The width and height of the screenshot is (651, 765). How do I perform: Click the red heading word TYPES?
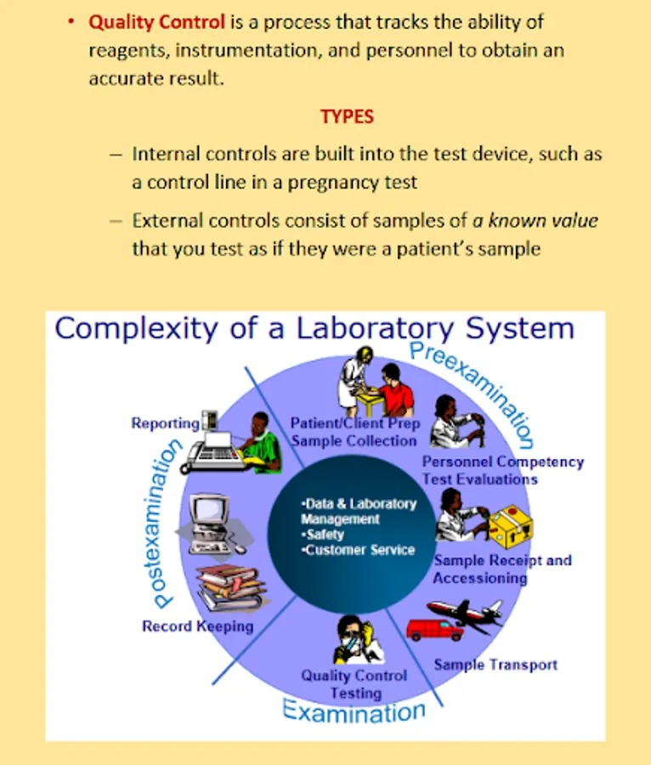(347, 116)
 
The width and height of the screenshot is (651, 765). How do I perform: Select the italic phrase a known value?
(535, 221)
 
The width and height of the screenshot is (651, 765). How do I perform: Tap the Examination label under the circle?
(354, 711)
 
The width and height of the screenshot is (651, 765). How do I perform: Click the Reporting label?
(165, 423)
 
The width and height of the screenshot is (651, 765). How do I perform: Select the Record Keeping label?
(197, 626)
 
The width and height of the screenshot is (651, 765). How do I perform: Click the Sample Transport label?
(495, 664)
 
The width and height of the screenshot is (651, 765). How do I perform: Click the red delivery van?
(434, 630)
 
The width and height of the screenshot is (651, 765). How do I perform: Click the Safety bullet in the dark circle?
(325, 535)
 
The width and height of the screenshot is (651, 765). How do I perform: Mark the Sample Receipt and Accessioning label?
(501, 569)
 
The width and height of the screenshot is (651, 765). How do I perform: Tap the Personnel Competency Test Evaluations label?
(503, 470)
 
